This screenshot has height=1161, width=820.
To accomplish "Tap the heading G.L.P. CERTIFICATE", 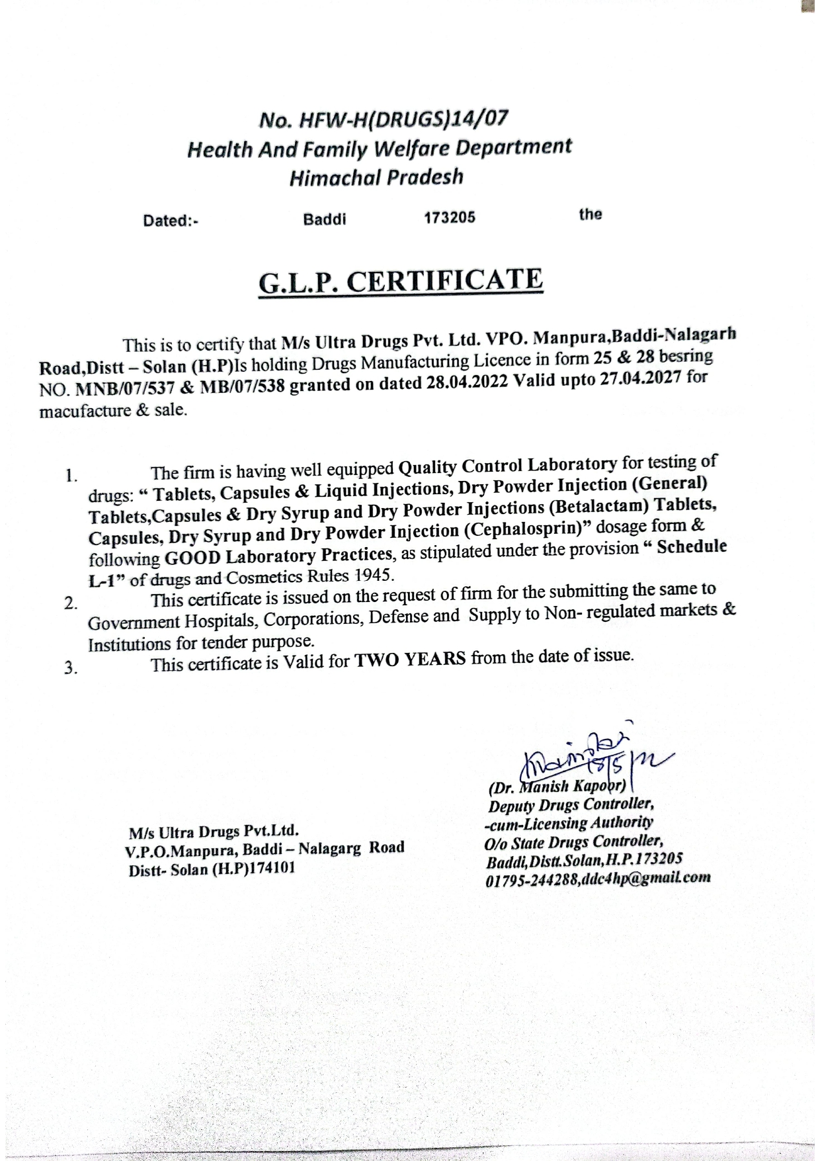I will (x=401, y=282).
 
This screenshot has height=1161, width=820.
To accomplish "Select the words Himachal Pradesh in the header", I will (x=376, y=177).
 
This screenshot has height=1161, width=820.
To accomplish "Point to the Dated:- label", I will (x=171, y=221).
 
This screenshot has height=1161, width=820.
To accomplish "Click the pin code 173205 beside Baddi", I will (x=450, y=218).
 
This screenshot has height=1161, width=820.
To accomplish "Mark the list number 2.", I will (x=69, y=603).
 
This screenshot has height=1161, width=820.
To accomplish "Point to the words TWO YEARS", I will (x=410, y=660).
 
